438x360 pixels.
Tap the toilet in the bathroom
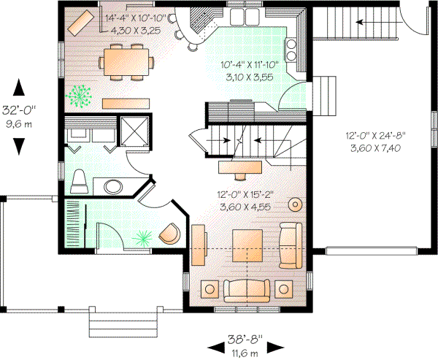(80, 180)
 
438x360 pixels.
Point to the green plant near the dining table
(79, 94)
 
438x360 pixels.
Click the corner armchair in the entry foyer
(170, 233)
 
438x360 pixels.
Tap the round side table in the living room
(296, 204)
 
